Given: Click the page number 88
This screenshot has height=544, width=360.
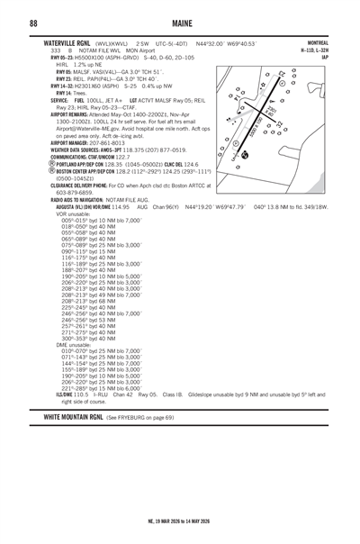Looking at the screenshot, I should tap(33, 23).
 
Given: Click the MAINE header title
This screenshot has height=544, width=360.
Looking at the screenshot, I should tap(179, 23).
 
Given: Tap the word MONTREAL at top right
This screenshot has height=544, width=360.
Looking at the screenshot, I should tap(317, 42).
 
